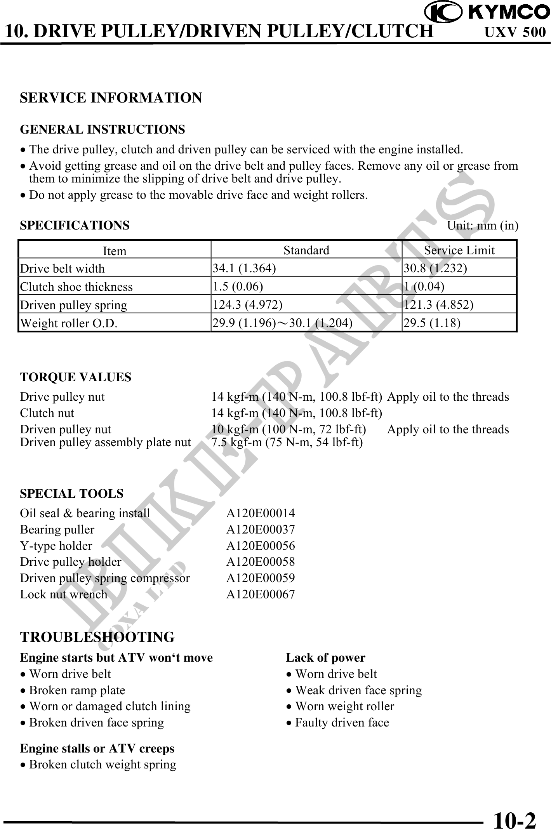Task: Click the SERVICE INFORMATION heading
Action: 111,98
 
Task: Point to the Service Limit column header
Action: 459,250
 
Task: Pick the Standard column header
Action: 306,250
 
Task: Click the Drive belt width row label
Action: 63,269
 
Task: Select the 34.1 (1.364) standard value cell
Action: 244,268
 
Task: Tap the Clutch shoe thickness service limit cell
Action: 424,287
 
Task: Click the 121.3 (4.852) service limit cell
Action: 438,305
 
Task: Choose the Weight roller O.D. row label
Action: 69,323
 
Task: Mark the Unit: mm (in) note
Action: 482,226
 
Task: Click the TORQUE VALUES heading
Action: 76,377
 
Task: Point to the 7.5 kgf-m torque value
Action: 287,442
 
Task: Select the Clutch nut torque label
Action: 47,413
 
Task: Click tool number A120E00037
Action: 261,530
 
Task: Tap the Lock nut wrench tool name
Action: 64,594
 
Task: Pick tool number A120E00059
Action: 261,578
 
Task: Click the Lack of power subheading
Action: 325,658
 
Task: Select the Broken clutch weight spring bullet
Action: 103,765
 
